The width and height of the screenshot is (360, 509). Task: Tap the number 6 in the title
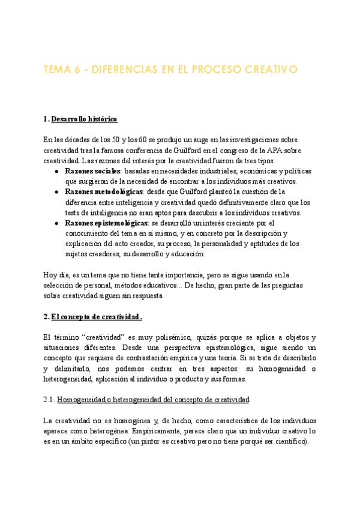tap(78, 70)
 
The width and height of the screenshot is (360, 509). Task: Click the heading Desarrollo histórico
tap(85, 119)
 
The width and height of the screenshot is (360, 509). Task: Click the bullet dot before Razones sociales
tap(55, 171)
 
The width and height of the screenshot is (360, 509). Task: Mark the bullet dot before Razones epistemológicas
tap(55, 223)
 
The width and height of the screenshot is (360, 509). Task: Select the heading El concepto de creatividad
tap(97, 316)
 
